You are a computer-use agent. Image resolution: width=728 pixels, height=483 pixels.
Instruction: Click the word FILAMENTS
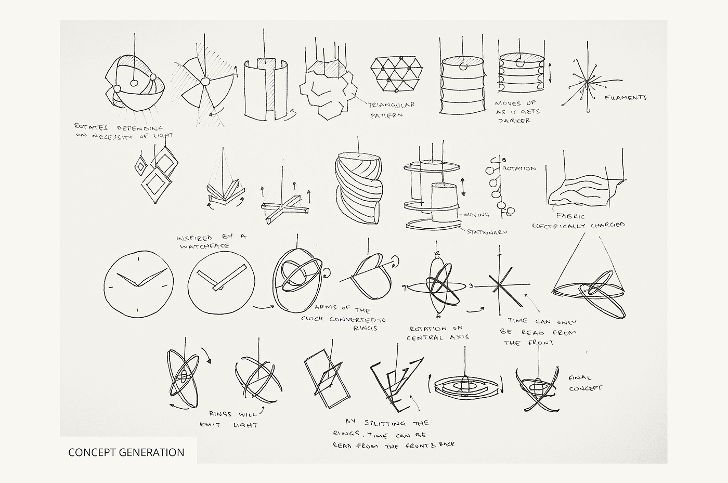click(626, 98)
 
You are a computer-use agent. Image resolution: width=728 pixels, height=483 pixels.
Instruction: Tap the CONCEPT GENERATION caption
click(126, 452)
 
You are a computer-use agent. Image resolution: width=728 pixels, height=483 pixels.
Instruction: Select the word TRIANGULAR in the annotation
click(391, 105)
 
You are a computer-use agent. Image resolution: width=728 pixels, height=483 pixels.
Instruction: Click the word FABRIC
click(570, 216)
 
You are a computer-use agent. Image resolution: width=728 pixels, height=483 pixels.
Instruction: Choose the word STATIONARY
click(487, 232)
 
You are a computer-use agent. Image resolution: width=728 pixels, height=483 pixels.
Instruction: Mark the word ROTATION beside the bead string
click(519, 168)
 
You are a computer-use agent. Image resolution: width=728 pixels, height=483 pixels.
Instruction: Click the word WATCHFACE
click(205, 246)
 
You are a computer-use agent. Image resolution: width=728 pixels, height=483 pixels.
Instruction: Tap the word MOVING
click(476, 215)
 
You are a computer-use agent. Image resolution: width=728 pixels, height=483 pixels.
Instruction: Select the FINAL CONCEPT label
click(586, 383)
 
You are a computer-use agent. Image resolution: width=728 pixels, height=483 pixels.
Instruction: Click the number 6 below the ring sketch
click(438, 316)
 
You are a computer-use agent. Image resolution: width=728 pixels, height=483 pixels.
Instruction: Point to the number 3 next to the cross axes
click(471, 286)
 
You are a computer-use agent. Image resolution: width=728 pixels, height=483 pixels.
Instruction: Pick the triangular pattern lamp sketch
click(397, 74)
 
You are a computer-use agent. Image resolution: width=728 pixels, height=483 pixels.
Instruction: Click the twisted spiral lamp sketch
click(358, 188)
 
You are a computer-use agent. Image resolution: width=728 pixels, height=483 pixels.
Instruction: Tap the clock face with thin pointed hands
click(139, 284)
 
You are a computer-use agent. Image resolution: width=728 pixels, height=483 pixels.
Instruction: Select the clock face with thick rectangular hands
click(222, 282)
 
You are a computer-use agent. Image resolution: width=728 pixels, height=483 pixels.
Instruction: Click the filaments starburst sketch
click(588, 81)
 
